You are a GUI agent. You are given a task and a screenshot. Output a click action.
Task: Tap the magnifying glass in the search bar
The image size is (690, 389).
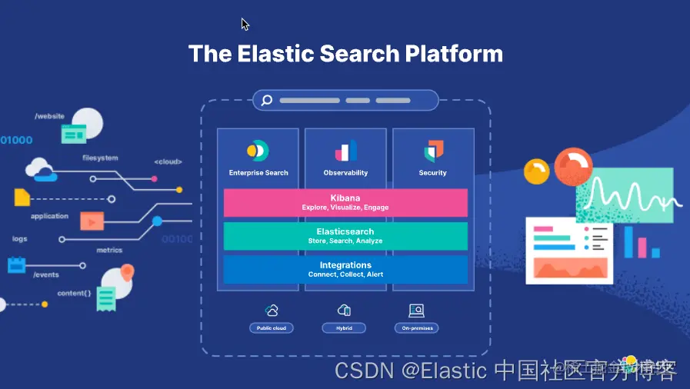266,100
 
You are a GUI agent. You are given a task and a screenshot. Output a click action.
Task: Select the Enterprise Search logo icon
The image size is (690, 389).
257,151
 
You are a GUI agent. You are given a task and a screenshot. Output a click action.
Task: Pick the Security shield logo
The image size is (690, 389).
433,151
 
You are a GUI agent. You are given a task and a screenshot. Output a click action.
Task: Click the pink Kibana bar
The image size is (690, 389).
345,202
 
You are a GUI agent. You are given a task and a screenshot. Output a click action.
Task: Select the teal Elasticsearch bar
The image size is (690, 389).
345,236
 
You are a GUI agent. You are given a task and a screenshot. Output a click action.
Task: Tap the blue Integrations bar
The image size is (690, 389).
345,269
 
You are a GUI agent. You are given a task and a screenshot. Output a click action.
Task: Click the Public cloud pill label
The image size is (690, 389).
272,328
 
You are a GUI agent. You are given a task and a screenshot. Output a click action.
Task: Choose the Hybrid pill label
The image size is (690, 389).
344,328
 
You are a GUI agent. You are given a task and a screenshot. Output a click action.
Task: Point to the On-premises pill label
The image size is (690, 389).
417,328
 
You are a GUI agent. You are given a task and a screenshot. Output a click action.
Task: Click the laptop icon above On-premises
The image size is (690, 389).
416,311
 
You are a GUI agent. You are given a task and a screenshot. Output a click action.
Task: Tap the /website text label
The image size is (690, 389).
49,116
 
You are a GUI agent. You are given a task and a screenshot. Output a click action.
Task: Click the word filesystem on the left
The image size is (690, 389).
100,158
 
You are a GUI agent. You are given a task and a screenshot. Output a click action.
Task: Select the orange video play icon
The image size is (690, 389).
92,221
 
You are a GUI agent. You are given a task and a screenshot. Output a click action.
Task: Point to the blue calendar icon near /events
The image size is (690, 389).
17,265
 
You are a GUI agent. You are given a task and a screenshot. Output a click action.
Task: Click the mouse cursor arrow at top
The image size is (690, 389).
245,24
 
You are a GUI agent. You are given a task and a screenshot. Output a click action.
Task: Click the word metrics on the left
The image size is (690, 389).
109,250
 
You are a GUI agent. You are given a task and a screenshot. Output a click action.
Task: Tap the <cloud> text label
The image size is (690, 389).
168,161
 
